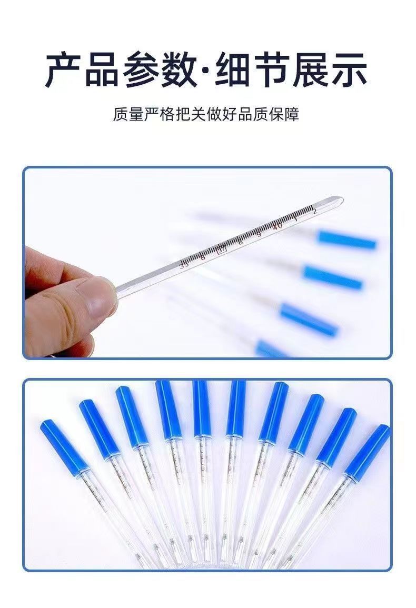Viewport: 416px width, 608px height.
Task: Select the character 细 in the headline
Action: click(x=233, y=69)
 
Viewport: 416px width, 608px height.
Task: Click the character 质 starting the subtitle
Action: click(x=120, y=114)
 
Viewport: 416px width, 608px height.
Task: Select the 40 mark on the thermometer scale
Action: click(x=278, y=225)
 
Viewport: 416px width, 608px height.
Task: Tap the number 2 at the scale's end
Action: click(x=314, y=212)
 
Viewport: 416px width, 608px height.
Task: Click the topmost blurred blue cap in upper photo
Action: click(x=347, y=240)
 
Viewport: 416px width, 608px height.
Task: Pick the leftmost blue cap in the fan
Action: click(x=60, y=445)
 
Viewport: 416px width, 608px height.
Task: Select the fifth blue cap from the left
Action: click(x=201, y=408)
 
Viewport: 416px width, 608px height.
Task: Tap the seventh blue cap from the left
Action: click(x=273, y=411)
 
